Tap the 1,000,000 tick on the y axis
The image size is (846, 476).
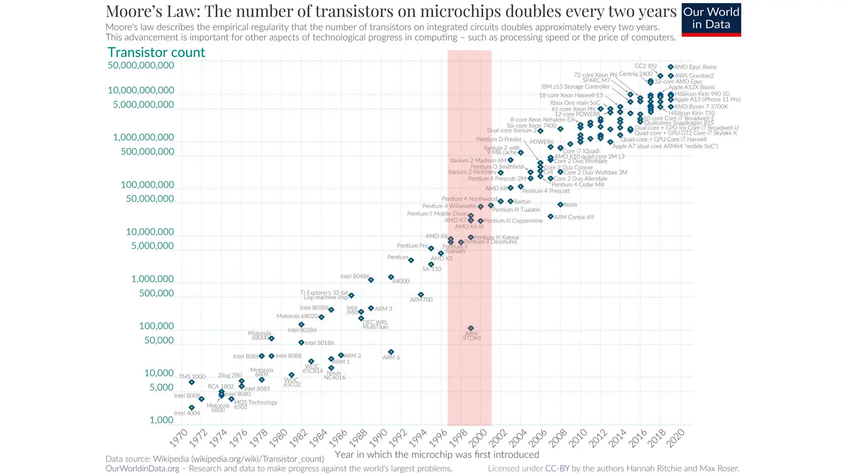tap(152, 279)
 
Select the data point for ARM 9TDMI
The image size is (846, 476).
tap(471, 328)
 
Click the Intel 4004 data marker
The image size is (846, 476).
tap(192, 407)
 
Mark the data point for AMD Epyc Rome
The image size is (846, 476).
tap(670, 67)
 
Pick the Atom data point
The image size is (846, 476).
tap(561, 205)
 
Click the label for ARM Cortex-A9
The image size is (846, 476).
tap(574, 217)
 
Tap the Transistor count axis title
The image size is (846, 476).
tap(156, 52)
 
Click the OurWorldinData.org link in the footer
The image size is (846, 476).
tap(143, 468)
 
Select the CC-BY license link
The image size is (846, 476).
tap(557, 468)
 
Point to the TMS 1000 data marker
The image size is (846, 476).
tap(192, 382)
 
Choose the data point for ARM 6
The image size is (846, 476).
tap(391, 352)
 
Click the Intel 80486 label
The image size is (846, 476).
tap(355, 276)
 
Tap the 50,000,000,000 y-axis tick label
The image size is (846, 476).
tap(141, 65)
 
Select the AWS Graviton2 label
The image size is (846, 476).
tap(694, 76)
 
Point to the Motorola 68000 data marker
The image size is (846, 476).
tap(271, 338)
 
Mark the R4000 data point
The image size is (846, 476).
tap(391, 277)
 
